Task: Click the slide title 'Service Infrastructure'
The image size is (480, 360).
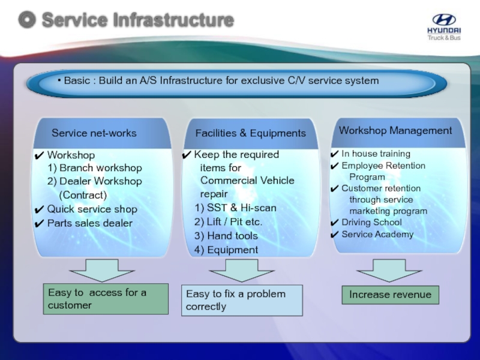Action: tap(137, 20)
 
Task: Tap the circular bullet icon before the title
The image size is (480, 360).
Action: tap(26, 20)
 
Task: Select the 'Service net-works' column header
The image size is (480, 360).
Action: tap(94, 133)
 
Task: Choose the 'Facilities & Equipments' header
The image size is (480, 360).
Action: tap(250, 133)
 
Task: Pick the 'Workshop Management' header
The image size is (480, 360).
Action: tap(395, 130)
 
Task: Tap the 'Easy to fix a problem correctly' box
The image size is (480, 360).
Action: tap(242, 300)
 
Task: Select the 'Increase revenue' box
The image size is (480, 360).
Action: tap(390, 295)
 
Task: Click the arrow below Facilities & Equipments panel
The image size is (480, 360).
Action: tap(241, 270)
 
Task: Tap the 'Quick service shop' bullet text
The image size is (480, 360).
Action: tap(92, 209)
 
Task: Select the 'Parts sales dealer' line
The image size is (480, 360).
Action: tap(89, 223)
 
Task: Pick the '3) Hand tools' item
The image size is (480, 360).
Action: tap(226, 236)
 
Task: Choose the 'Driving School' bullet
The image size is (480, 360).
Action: tap(371, 223)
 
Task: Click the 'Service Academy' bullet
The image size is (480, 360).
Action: tap(377, 234)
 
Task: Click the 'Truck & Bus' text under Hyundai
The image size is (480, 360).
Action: tap(444, 38)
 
